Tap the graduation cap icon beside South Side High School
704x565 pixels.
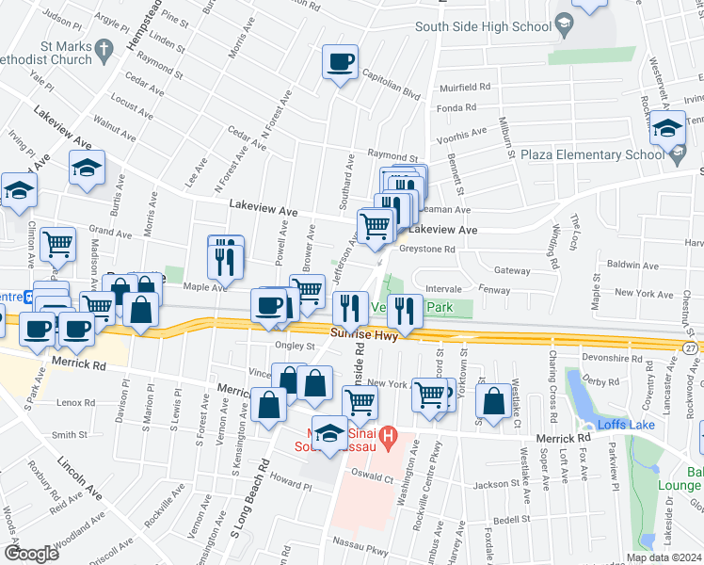click(x=563, y=25)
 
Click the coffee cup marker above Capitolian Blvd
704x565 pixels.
click(x=340, y=63)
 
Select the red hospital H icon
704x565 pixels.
click(x=394, y=439)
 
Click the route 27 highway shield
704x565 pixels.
click(x=692, y=347)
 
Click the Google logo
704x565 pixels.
click(x=31, y=554)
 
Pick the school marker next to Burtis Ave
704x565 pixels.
click(x=87, y=169)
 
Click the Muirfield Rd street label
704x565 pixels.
click(x=465, y=87)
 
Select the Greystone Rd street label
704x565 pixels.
click(x=427, y=250)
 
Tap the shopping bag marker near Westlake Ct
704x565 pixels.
click(x=493, y=401)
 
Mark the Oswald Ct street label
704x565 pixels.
click(x=374, y=478)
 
